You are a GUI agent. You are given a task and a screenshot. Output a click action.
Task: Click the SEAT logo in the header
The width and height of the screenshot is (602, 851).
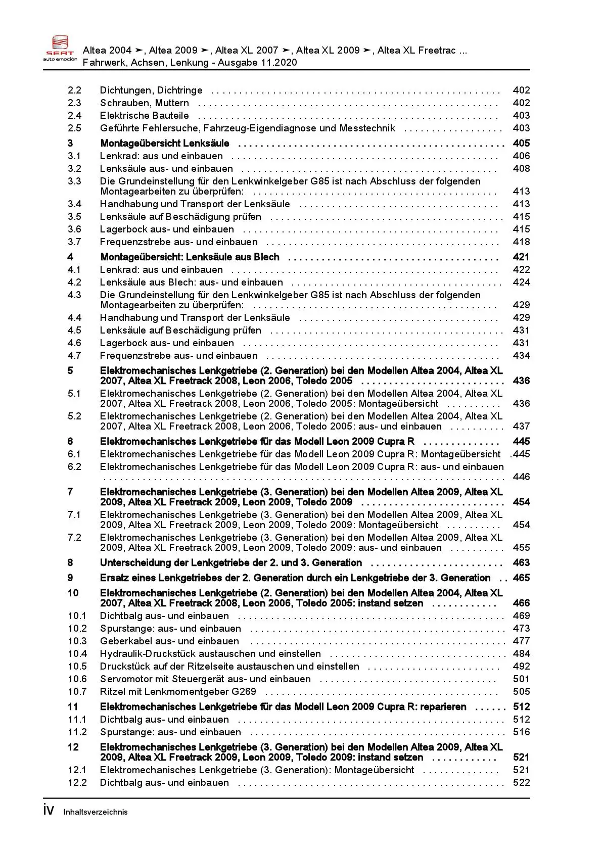pos(60,49)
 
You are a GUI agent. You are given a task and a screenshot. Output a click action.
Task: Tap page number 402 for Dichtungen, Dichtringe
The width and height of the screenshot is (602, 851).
pos(521,90)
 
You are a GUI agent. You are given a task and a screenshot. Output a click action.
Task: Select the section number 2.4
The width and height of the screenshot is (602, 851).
pos(74,116)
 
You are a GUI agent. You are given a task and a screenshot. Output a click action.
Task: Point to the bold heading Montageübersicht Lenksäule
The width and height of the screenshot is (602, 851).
pos(165,144)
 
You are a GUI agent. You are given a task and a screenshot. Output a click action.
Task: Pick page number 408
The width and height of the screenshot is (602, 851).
pos(521,169)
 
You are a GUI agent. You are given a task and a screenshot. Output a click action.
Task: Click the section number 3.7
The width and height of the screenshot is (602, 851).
pos(74,242)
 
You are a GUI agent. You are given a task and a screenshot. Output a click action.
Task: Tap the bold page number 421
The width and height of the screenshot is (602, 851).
pos(521,257)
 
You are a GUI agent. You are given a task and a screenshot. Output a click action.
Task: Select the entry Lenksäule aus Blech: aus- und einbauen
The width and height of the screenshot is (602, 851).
pos(191,282)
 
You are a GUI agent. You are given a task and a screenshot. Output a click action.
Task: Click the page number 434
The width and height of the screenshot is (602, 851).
pos(521,356)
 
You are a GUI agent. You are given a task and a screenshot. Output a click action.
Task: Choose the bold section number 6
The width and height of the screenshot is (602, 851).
pos(70,442)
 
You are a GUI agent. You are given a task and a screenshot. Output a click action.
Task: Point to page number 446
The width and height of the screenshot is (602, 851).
pos(521,477)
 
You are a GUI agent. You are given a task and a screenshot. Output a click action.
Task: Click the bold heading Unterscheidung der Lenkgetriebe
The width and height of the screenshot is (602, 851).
pos(230,563)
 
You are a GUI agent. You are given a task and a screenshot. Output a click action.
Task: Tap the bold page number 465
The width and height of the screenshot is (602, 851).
pos(521,578)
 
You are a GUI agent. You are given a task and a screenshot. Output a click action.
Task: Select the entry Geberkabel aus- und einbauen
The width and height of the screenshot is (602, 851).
pos(169,641)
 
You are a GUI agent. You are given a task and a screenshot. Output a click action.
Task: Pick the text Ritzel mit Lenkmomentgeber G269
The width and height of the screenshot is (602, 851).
pos(178,692)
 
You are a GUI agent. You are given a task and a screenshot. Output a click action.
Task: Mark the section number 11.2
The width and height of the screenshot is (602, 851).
pos(77,732)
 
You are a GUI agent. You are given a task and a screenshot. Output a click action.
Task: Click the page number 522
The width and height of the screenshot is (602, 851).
pos(521,783)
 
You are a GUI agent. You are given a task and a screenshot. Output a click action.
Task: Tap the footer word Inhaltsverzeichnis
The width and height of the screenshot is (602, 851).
pos(96,812)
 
